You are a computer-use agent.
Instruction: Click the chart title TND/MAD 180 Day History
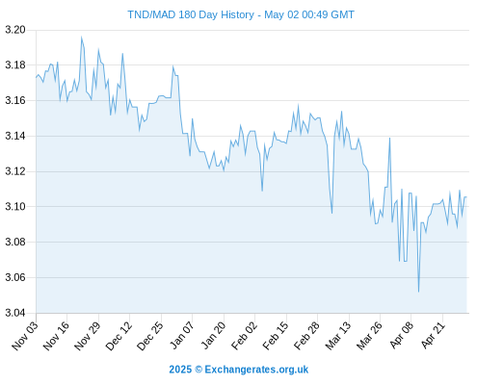pyautogui.click(x=191, y=14)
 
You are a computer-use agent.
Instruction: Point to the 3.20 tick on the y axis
pyautogui.click(x=15, y=30)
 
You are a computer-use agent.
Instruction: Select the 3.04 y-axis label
pyautogui.click(x=15, y=313)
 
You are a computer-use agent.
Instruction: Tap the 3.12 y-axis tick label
pyautogui.click(x=15, y=171)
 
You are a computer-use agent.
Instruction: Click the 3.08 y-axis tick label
pyautogui.click(x=15, y=242)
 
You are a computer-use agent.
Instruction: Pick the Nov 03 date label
pyautogui.click(x=25, y=336)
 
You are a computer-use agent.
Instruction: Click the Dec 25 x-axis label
pyautogui.click(x=150, y=336)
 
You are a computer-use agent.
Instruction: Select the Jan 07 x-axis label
pyautogui.click(x=182, y=336)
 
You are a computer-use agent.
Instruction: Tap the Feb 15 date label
pyautogui.click(x=276, y=336)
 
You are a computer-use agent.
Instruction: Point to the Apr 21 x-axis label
pyautogui.click(x=433, y=336)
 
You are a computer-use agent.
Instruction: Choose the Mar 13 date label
pyautogui.click(x=338, y=336)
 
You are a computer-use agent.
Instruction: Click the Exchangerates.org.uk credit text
pyautogui.click(x=256, y=370)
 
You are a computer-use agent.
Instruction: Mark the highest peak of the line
pyautogui.click(x=82, y=38)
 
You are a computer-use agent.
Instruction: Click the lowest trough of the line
pyautogui.click(x=418, y=292)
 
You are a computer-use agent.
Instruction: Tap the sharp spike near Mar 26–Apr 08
pyautogui.click(x=389, y=138)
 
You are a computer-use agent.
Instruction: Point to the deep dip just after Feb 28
pyautogui.click(x=331, y=214)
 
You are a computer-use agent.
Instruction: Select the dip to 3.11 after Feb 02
pyautogui.click(x=262, y=191)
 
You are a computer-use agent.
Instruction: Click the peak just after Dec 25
pyautogui.click(x=172, y=66)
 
